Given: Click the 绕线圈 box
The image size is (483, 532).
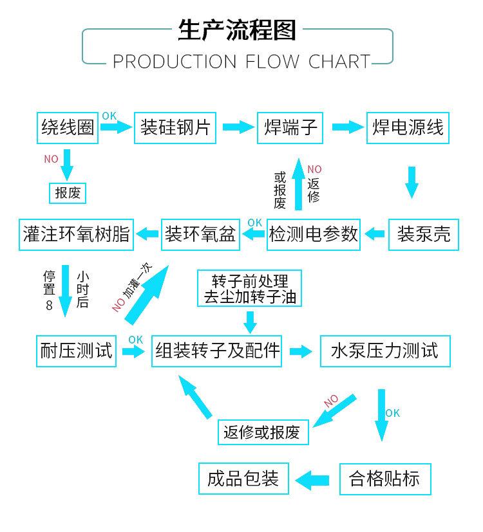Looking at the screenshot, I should point(68,127).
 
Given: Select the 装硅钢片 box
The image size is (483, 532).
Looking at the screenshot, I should point(175,127).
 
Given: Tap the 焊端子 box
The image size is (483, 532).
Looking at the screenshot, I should point(291,127).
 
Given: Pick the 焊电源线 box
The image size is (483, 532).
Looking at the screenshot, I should point(408,127).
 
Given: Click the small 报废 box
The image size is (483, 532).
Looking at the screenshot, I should point(68,192).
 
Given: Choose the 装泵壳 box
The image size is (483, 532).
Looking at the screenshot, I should point(423,234).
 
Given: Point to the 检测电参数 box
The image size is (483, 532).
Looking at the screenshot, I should point(314,234).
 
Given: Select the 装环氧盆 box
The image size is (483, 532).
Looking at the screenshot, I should point(200,234).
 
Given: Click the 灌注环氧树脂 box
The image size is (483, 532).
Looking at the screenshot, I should point(76,234).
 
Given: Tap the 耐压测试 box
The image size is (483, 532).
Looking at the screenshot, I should point(76,351).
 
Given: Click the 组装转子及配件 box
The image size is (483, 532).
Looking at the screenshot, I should point(218,351).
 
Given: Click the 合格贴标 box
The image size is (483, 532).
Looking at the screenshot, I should point(384,479).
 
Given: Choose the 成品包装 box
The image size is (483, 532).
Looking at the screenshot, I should point(243,479).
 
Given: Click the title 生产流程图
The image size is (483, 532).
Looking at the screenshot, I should point(237,30).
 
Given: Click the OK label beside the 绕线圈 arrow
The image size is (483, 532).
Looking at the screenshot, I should point(109,116).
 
